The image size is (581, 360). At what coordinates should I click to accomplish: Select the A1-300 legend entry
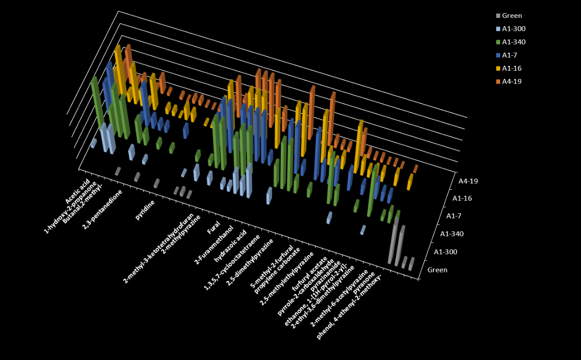click(x=514, y=29)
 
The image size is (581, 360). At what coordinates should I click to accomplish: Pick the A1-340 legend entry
click(x=514, y=42)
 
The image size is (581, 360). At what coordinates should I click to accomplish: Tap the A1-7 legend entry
click(x=510, y=55)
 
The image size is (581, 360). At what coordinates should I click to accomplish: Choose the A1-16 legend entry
click(x=512, y=68)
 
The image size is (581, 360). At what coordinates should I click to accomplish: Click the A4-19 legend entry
click(x=512, y=81)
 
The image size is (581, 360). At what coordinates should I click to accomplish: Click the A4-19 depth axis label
click(x=467, y=181)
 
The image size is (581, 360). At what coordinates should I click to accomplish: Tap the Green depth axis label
click(x=437, y=270)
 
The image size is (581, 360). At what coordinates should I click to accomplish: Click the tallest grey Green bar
click(x=393, y=242)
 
